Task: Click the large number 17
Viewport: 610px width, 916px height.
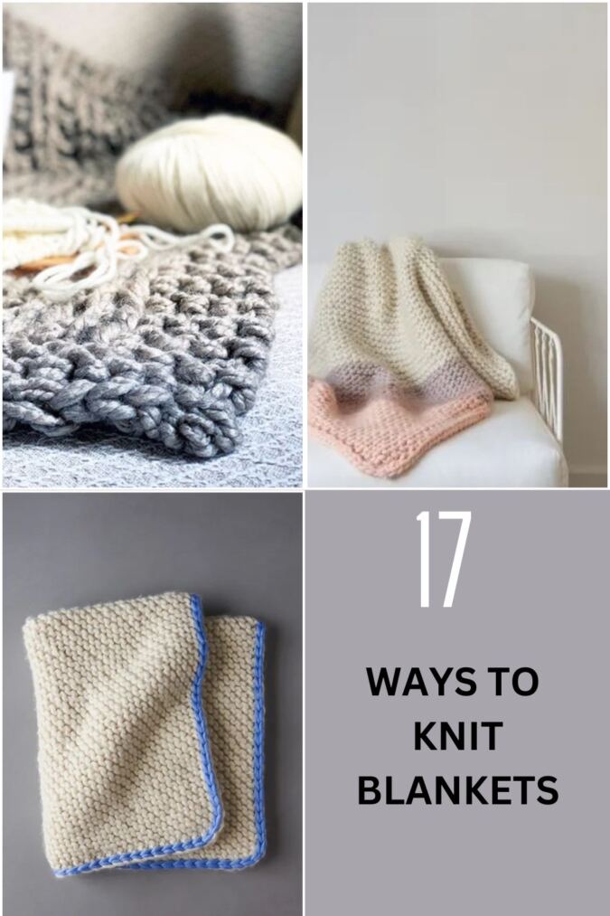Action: click(x=445, y=560)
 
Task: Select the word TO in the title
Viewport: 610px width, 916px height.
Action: click(x=516, y=681)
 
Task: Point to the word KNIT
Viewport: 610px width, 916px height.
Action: click(x=457, y=736)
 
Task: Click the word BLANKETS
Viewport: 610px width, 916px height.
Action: click(x=457, y=790)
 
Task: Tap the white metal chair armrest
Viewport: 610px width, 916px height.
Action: click(x=547, y=373)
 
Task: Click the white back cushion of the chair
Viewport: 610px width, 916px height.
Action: click(x=502, y=316)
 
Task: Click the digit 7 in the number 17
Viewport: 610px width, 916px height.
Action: click(x=455, y=560)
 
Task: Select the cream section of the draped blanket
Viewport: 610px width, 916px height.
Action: click(x=403, y=316)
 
